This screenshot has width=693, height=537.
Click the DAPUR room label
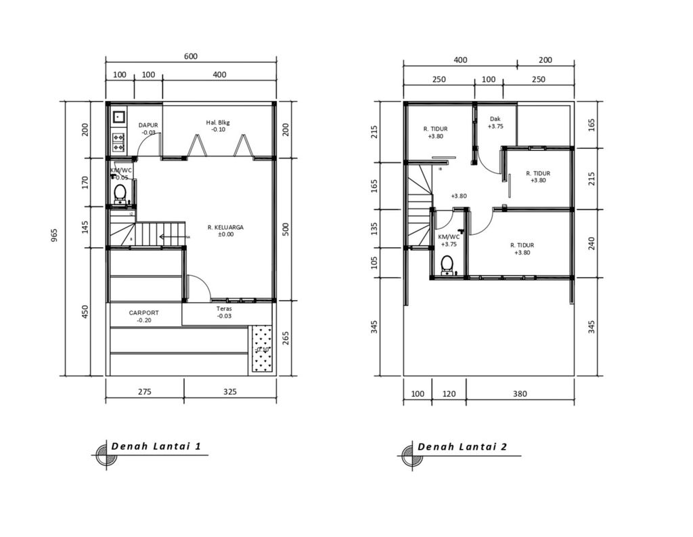[x=148, y=125]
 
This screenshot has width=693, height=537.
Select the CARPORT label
[x=144, y=313]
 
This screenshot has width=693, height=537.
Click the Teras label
[x=224, y=308]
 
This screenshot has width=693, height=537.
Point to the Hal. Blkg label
[x=218, y=123]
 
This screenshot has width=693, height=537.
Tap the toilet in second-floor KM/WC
[x=447, y=264]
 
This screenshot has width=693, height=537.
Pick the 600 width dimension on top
[x=191, y=57]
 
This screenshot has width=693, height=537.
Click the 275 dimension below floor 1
[x=144, y=392]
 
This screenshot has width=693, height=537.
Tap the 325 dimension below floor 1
[x=229, y=392]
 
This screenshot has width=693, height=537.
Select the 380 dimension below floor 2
[x=519, y=393]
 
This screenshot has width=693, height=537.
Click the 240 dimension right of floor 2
[x=592, y=243]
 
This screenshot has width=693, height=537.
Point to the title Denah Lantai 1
[x=156, y=447]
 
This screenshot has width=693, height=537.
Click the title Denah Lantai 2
[x=462, y=447]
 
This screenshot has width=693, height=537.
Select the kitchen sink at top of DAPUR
[x=118, y=116]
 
